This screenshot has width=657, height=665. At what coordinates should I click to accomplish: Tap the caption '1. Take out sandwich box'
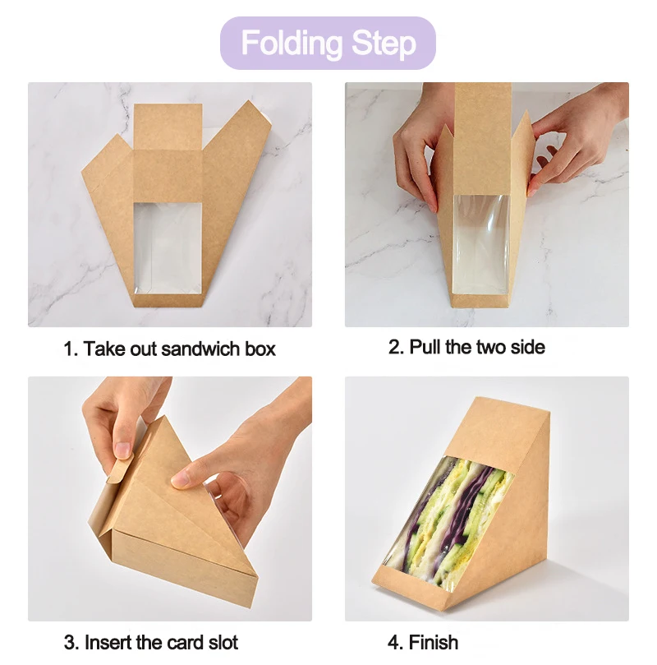[x=170, y=349]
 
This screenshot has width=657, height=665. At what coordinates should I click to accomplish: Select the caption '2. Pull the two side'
[x=466, y=347]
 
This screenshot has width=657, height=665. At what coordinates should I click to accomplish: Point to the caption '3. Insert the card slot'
[x=151, y=641]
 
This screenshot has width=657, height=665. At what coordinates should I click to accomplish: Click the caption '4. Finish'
[x=423, y=641]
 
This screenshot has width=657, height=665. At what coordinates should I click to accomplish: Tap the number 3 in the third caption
[x=69, y=641]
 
